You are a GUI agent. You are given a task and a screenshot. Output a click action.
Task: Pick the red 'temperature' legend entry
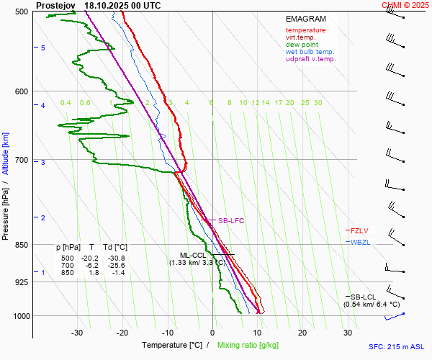305,30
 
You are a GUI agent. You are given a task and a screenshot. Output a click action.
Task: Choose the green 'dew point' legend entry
302,45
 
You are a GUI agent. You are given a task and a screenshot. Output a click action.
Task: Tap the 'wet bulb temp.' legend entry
310,52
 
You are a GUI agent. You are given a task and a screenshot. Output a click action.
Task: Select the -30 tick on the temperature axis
77,333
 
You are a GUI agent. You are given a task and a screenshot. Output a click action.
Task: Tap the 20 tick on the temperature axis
302,333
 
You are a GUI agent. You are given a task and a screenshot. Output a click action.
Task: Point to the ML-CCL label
193,256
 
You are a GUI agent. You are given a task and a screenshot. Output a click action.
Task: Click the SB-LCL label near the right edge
364,297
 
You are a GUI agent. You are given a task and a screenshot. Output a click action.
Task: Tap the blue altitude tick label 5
43,48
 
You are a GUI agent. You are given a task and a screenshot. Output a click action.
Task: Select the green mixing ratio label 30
318,103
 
